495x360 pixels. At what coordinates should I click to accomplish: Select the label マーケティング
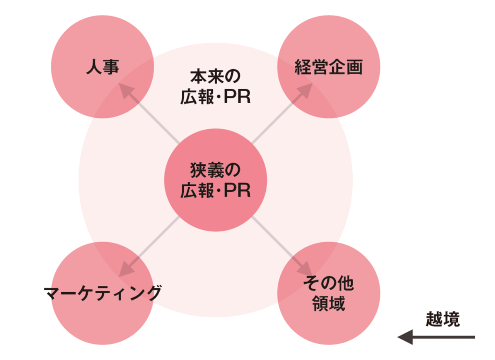point(102,293)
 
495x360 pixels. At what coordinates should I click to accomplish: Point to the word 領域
point(328,304)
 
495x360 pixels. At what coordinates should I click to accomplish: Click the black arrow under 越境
point(437,337)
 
